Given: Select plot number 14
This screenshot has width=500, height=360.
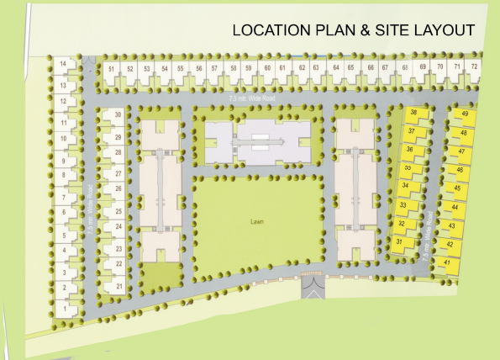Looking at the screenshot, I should [x=64, y=65].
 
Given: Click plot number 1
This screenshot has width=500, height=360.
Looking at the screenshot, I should [x=65, y=308].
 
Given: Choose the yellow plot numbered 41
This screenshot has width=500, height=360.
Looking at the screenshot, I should [x=448, y=263].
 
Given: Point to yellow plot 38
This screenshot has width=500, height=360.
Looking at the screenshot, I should [x=413, y=113].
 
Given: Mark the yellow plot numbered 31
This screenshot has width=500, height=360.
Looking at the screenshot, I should [x=400, y=242].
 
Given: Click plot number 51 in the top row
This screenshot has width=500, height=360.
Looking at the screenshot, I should [x=111, y=68].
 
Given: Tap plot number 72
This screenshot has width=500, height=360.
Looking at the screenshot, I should [x=475, y=66].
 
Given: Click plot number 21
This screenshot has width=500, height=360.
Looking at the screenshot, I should [x=118, y=287].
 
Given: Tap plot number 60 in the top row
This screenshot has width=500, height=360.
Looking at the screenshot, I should [x=267, y=67].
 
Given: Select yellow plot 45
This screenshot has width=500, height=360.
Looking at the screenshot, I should [x=457, y=187].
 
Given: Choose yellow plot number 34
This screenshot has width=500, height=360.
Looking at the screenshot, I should [x=406, y=186].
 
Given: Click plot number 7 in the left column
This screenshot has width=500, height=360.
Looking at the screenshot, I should [x=64, y=198].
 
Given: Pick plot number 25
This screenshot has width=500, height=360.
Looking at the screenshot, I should [x=118, y=211].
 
